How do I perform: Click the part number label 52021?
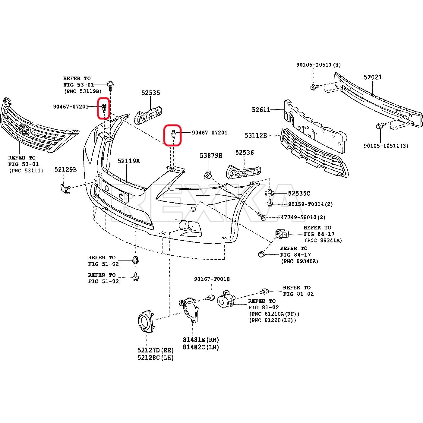pos(372,77)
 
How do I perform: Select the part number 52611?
pos(261,110)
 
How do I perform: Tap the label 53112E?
pos(255,136)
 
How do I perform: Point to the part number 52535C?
pos(299,194)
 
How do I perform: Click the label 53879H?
pos(211,156)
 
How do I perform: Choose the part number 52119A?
pos(128,161)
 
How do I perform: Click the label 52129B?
pos(65,170)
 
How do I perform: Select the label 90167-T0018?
pos(212,279)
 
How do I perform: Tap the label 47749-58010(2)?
pos(303,217)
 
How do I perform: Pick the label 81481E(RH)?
pos(201,340)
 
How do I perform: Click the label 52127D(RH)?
pos(156,350)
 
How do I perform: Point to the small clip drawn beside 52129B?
pos(65,188)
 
